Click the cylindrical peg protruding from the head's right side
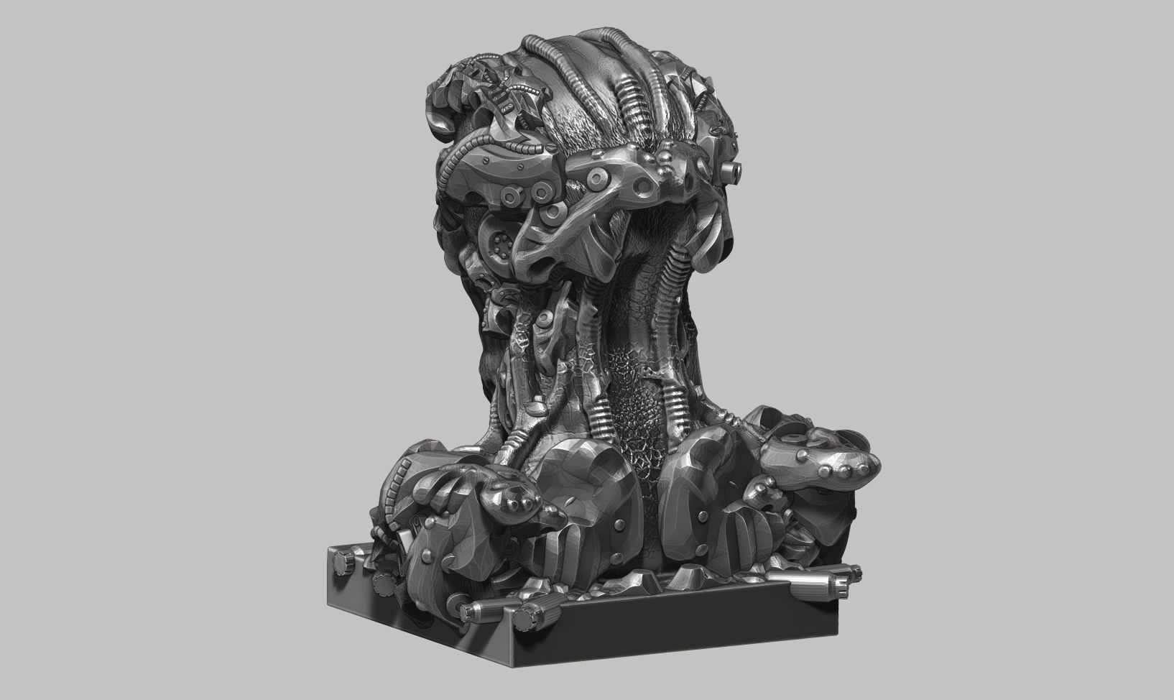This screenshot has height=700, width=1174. coord(730,170)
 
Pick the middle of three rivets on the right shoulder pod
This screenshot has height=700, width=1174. coord(839,469)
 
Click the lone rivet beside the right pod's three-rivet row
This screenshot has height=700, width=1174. coord(795,438)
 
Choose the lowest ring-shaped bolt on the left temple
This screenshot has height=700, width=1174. coord(554,211)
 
